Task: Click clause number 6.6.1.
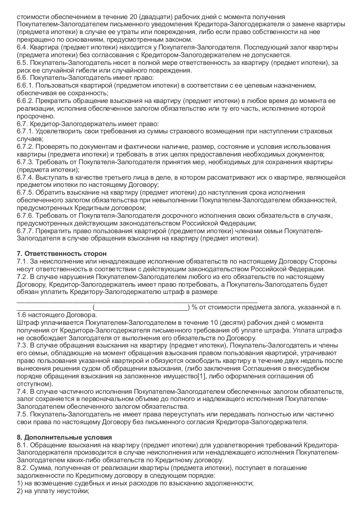[x=25, y=85]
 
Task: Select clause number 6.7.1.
[x=25, y=131]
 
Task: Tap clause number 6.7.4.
[x=25, y=177]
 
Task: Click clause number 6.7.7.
[x=25, y=231]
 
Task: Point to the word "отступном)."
[x=35, y=384]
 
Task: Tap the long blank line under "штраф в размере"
[x=137, y=299]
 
